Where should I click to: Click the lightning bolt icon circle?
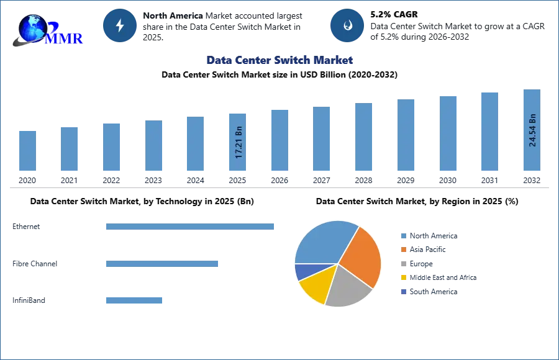click(x=120, y=25)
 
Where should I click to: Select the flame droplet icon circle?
click(x=348, y=25)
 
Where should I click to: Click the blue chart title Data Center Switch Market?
click(x=279, y=60)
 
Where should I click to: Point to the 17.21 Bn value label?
click(x=239, y=143)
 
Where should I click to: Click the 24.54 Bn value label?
click(x=532, y=130)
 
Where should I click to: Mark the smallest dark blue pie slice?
click(x=302, y=271)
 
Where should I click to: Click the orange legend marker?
click(x=403, y=249)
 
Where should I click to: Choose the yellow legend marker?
click(x=403, y=277)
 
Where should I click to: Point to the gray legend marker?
click(x=403, y=263)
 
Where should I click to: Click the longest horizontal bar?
click(x=191, y=228)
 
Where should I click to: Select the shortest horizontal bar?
click(x=134, y=300)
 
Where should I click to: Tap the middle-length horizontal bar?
click(x=161, y=263)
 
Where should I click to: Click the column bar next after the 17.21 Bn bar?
click(x=278, y=142)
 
